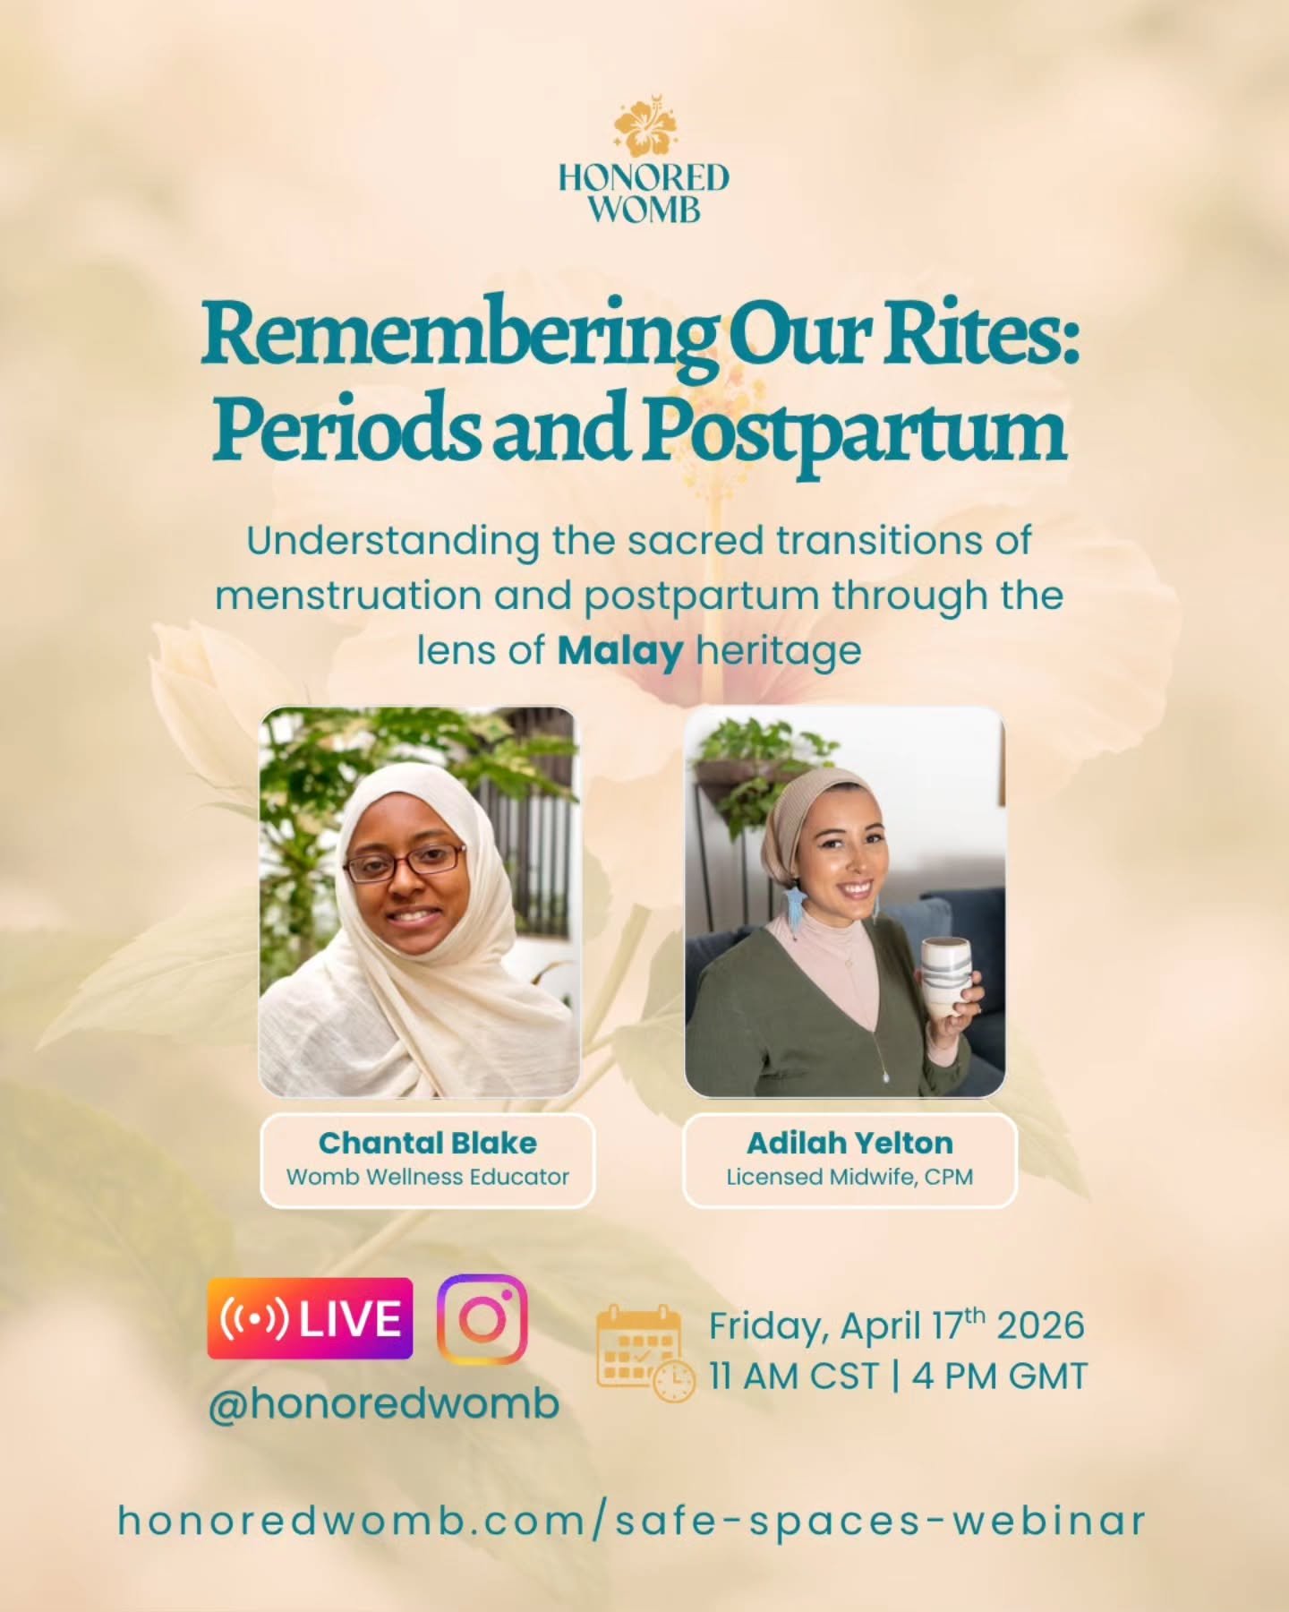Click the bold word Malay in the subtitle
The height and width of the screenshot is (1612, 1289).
(x=619, y=651)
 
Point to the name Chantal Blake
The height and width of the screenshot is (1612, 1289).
(x=427, y=1143)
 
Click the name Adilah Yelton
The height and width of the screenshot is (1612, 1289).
(x=849, y=1143)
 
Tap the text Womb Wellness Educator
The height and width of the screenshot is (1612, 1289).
(x=427, y=1177)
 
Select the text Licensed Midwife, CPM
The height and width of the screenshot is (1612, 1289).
(x=849, y=1177)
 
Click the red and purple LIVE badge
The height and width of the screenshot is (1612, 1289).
(x=310, y=1318)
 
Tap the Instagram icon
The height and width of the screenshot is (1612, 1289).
(x=482, y=1318)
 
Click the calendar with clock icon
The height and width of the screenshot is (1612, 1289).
(x=644, y=1352)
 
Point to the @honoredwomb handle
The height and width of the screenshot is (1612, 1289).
(x=383, y=1402)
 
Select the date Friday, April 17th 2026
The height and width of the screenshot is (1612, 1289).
(x=896, y=1325)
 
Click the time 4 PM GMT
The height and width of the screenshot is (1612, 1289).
(x=999, y=1376)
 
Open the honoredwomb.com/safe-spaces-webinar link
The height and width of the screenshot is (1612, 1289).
(x=632, y=1521)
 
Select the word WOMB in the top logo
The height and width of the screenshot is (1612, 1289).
(x=644, y=210)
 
